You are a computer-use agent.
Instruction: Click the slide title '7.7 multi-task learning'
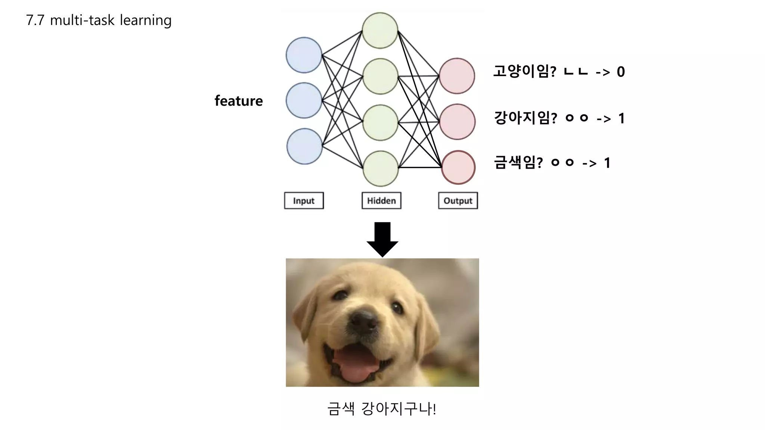click(x=99, y=20)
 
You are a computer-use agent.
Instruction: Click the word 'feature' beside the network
click(x=238, y=101)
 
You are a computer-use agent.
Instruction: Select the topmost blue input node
click(x=304, y=55)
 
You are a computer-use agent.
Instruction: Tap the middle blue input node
click(x=304, y=100)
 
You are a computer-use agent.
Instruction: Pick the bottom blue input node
click(x=304, y=146)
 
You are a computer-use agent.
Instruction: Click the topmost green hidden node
click(x=380, y=31)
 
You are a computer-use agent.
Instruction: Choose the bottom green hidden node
click(x=381, y=168)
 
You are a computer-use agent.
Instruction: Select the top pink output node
click(x=457, y=76)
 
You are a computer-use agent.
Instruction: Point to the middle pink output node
click(x=457, y=122)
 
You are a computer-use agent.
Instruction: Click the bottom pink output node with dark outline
click(x=458, y=167)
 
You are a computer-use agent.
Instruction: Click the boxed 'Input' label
click(x=304, y=201)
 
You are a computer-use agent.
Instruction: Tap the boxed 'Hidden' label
click(x=381, y=201)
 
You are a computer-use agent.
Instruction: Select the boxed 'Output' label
click(x=458, y=201)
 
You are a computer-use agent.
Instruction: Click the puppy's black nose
click(x=362, y=321)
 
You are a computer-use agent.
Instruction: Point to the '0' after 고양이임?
click(x=620, y=72)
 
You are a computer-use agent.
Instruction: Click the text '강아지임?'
click(x=525, y=118)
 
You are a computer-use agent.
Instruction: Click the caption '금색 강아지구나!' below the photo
click(x=381, y=409)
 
